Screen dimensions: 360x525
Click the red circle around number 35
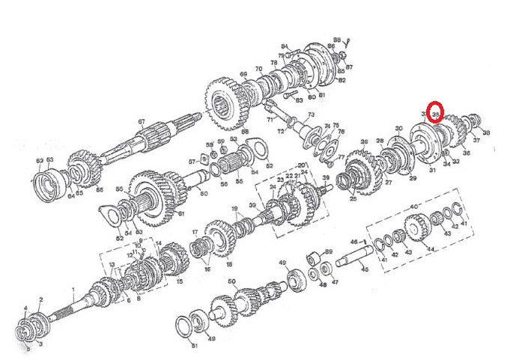435,114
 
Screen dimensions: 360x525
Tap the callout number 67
141,121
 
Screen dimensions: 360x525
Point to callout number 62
40,160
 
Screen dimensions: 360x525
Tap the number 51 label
195,347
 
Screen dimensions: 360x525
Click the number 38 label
487,132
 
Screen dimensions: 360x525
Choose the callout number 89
328,251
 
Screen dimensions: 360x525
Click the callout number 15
179,281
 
